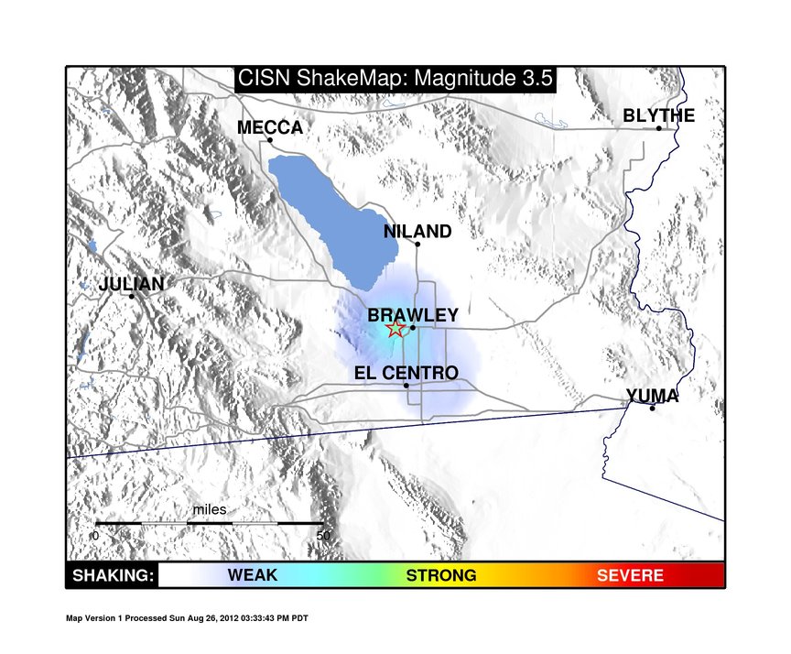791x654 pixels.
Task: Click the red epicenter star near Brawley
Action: click(396, 329)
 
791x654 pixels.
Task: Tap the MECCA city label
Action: click(270, 127)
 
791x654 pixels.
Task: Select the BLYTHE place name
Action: click(659, 115)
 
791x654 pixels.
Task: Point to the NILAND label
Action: click(417, 232)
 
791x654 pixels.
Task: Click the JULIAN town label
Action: click(131, 284)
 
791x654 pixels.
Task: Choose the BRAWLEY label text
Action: click(413, 315)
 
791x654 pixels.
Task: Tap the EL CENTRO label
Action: click(406, 374)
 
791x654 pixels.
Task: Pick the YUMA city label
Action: click(652, 396)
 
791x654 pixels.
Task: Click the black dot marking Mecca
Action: click(270, 140)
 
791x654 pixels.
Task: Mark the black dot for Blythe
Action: click(659, 128)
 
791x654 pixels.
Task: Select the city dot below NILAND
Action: click(417, 245)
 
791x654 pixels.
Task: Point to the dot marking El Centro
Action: click(406, 386)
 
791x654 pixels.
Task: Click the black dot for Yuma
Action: click(652, 409)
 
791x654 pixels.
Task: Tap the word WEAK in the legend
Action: click(253, 575)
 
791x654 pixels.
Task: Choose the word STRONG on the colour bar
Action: click(441, 575)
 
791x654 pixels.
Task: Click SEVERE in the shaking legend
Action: click(630, 575)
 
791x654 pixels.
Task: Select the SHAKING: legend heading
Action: click(113, 575)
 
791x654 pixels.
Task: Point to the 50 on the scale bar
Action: click(323, 536)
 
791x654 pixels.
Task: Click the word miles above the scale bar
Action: click(210, 509)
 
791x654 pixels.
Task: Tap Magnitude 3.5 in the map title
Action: click(483, 79)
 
